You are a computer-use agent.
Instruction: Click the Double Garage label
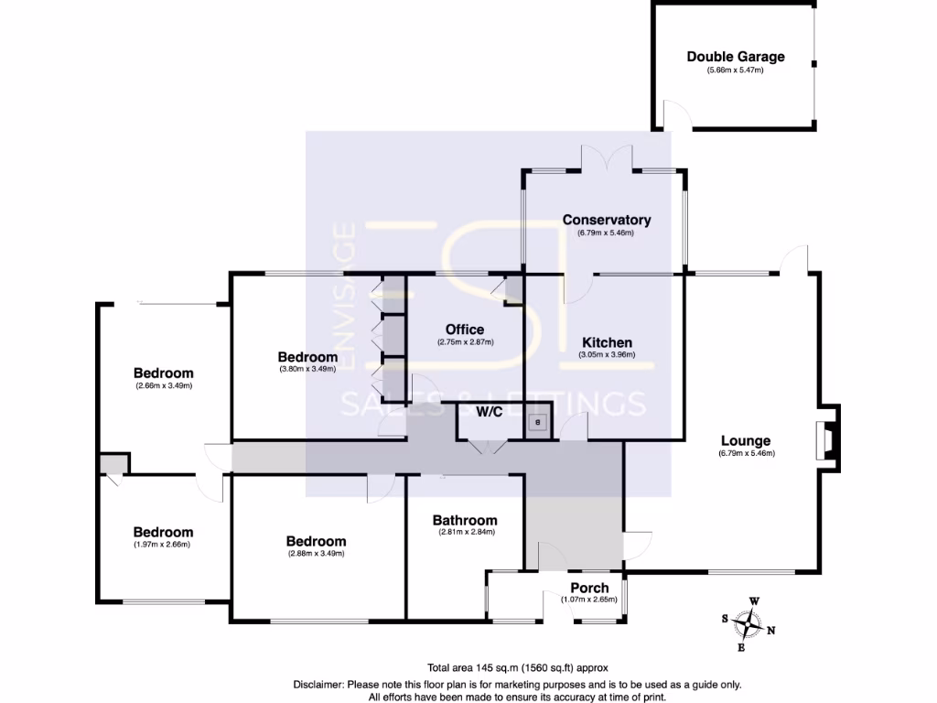point(736,57)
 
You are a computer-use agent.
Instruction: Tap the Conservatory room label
point(606,220)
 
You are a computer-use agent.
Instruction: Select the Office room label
point(465,330)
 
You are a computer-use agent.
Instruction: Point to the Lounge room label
point(747,440)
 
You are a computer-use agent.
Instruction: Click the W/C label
point(489,412)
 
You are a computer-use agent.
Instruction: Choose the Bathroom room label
point(465,520)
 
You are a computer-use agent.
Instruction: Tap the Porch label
point(589,588)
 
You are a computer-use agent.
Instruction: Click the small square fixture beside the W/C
point(539,422)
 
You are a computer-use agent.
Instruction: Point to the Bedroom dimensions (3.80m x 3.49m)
point(307,369)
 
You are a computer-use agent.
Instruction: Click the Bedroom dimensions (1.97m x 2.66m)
point(163,545)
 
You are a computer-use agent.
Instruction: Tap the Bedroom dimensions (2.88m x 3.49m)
point(316,553)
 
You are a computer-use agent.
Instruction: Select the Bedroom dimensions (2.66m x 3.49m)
point(163,385)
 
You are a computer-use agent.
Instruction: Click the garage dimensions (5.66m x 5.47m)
point(735,70)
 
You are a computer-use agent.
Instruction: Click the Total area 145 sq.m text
point(517,667)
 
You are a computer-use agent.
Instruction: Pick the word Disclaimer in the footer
point(318,684)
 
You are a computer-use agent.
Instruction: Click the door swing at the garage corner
point(674,114)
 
